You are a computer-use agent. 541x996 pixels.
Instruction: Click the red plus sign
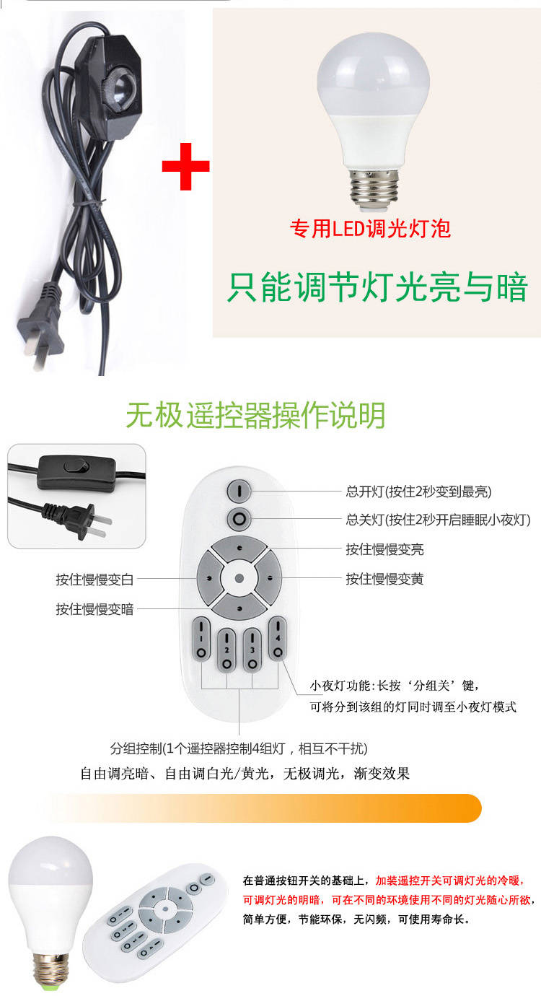pyautogui.click(x=185, y=166)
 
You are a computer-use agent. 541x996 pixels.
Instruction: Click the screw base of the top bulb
pyautogui.click(x=374, y=189)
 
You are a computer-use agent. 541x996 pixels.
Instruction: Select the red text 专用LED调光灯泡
pyautogui.click(x=370, y=229)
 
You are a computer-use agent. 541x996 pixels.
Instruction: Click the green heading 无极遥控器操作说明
pyautogui.click(x=255, y=415)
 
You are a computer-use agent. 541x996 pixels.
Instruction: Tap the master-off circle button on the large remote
pyautogui.click(x=239, y=519)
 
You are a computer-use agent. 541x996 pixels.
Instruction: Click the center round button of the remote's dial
pyautogui.click(x=239, y=578)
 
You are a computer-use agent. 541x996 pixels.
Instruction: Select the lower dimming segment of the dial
pyautogui.click(x=239, y=606)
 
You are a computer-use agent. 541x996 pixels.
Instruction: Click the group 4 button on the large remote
pyautogui.click(x=278, y=638)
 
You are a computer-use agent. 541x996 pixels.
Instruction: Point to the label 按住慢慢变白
pyautogui.click(x=94, y=580)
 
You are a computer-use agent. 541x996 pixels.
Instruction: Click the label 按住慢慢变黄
pyautogui.click(x=384, y=579)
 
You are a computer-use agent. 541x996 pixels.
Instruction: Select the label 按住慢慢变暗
pyautogui.click(x=94, y=608)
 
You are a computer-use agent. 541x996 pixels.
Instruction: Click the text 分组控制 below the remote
pyautogui.click(x=136, y=748)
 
